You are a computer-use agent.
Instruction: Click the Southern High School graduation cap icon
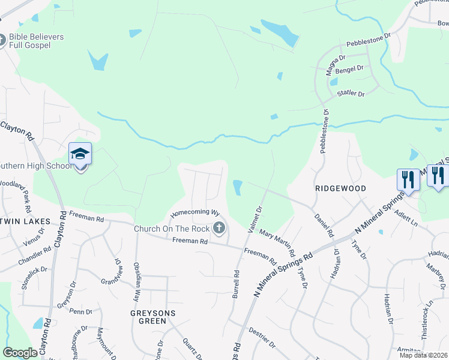[x=80, y=154]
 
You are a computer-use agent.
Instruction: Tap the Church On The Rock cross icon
[x=219, y=227]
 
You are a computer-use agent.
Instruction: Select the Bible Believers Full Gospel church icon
[x=2, y=40]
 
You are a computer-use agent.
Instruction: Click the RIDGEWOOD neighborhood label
[x=341, y=188]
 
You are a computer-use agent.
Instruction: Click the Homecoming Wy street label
[x=194, y=213]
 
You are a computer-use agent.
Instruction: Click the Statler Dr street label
[x=351, y=94]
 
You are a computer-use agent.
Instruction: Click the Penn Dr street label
[x=80, y=311]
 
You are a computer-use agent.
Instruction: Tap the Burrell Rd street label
[x=236, y=284]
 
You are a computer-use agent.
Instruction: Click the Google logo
[x=20, y=353]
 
